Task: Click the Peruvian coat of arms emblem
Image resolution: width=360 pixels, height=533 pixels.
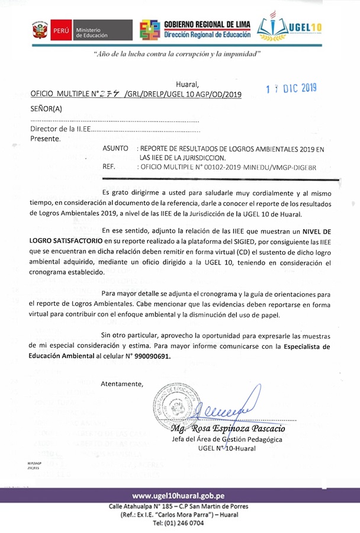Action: pyautogui.click(x=40, y=29)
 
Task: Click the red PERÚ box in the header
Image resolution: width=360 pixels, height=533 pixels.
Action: pyautogui.click(x=62, y=30)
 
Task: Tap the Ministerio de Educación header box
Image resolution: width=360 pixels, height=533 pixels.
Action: pyautogui.click(x=101, y=30)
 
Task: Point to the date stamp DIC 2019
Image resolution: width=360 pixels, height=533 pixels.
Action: pyautogui.click(x=291, y=88)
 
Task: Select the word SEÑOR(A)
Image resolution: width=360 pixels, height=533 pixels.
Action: pyautogui.click(x=46, y=108)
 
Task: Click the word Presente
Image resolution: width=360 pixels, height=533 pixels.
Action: pyautogui.click(x=45, y=139)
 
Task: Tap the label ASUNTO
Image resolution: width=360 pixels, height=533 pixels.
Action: pyautogui.click(x=115, y=149)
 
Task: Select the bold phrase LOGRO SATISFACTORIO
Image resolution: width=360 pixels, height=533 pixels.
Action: pyautogui.click(x=65, y=242)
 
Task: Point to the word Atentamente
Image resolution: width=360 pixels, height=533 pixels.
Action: pyautogui.click(x=122, y=384)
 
